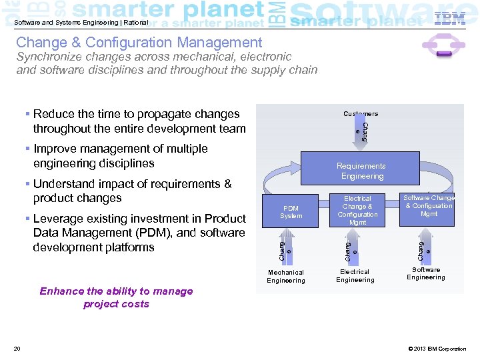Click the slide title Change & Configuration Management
pos(139,43)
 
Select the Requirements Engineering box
pos(361,171)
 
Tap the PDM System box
pos(291,212)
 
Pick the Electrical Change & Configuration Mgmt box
pos(357,210)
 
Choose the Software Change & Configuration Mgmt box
pos(429,206)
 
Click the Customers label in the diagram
pos(361,114)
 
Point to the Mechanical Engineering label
pos(285,276)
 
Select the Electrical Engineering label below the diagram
pos(355,276)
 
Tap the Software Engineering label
pos(426,273)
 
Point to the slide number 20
pos(17,349)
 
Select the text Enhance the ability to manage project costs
pos(116,297)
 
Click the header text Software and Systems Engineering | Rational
pos(81,23)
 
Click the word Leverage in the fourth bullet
pos(59,219)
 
